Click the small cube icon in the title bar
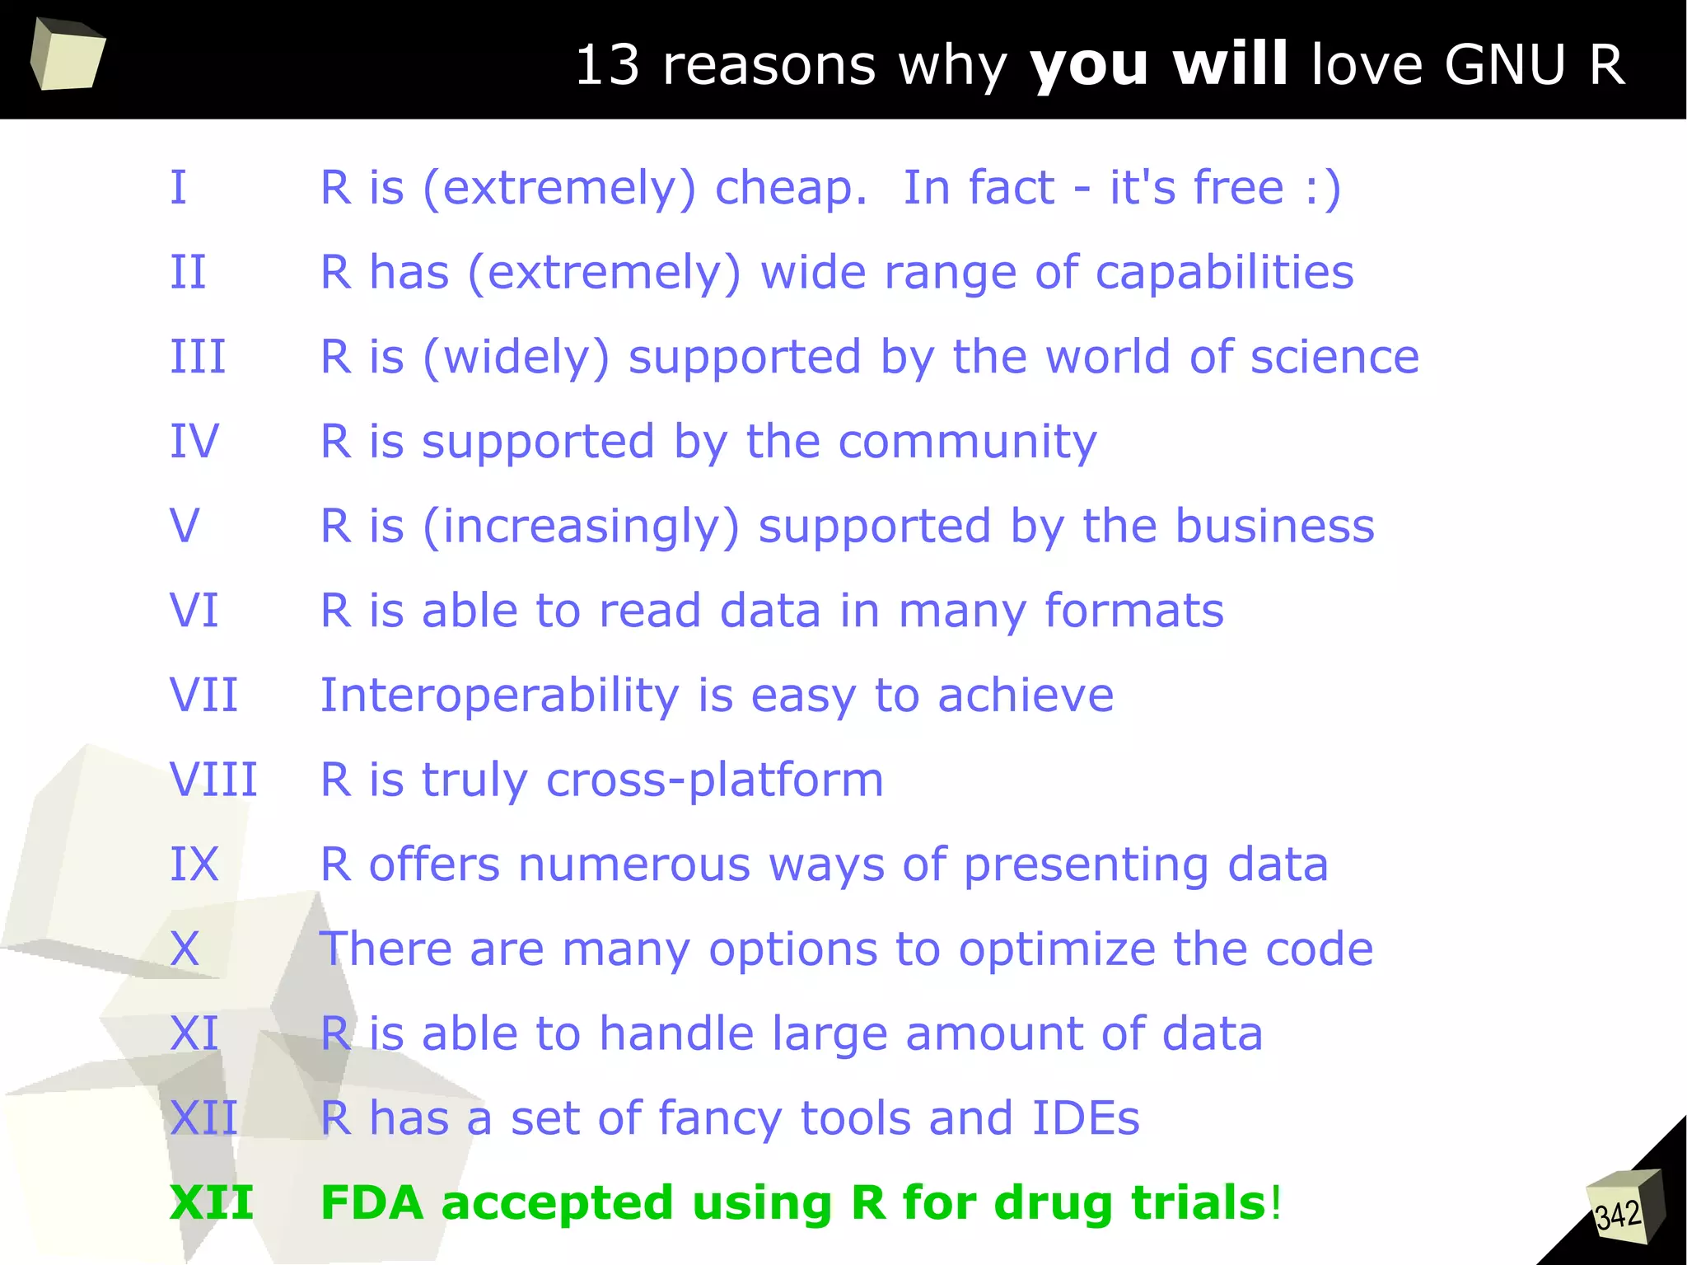68,54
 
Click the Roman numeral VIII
213,780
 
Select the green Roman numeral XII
212,1202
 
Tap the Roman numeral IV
194,441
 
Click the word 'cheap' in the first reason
789,188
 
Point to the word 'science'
1334,357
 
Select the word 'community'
967,442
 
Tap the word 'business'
1275,526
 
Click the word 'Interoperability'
499,695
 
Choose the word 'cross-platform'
714,780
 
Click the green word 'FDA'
372,1202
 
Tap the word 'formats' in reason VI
1134,611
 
